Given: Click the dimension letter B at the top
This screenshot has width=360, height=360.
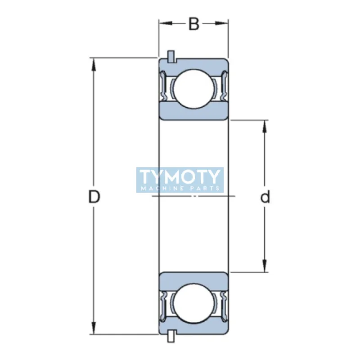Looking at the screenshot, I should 193,24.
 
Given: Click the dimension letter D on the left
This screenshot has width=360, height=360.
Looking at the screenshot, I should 94,197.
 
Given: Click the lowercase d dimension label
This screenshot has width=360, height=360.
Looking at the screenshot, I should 265,197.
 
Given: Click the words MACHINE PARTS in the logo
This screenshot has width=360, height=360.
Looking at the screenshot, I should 180,188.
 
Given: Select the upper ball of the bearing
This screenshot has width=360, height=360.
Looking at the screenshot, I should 193,88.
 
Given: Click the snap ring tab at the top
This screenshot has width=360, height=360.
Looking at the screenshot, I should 171,56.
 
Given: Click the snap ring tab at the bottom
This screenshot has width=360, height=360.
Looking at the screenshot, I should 171,337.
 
